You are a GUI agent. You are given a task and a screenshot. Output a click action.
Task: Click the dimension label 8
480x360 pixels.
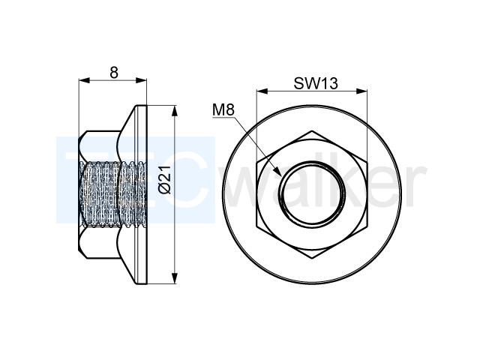click(114, 73)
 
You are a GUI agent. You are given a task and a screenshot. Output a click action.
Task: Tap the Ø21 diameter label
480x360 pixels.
click(165, 181)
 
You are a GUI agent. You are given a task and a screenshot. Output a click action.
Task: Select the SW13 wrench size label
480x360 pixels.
click(316, 83)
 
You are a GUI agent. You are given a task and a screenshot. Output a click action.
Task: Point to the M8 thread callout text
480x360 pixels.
click(223, 110)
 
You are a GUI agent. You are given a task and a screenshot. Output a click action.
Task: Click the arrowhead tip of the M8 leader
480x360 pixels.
click(281, 175)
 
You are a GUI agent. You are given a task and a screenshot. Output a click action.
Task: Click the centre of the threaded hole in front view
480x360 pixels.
click(312, 195)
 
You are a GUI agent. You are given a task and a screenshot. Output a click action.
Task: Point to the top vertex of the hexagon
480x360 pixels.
click(312, 131)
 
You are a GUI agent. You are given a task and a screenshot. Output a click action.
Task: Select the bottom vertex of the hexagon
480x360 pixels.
click(312, 259)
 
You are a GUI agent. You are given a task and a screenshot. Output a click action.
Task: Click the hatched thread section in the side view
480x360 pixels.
click(112, 194)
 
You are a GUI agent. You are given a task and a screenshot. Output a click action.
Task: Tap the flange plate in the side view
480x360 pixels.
click(142, 195)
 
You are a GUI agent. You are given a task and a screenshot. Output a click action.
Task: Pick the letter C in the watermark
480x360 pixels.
click(187, 181)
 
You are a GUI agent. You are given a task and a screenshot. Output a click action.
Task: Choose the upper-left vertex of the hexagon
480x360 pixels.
click(256, 163)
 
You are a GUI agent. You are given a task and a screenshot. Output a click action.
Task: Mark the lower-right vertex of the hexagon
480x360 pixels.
click(367, 226)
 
